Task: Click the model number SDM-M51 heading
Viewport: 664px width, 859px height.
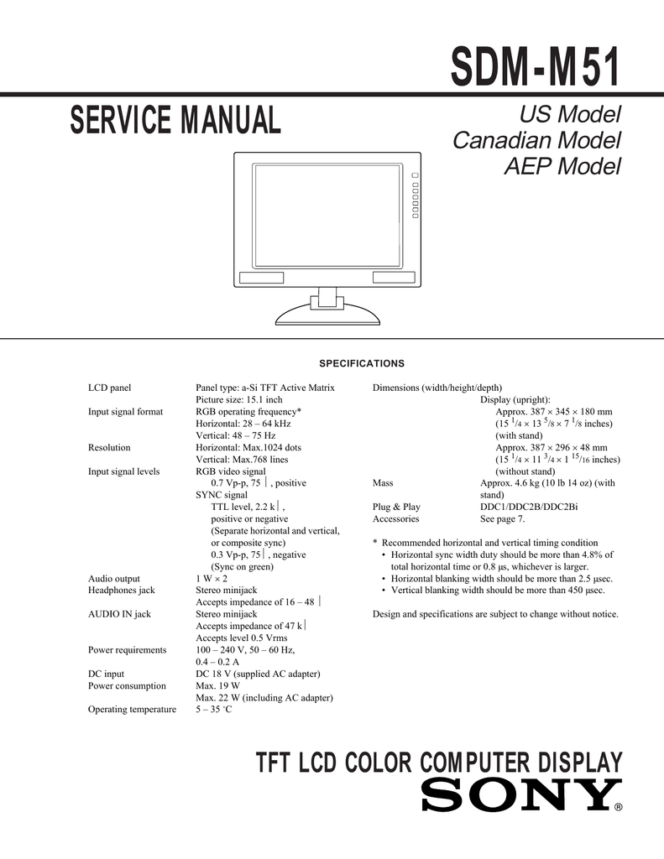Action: click(536, 66)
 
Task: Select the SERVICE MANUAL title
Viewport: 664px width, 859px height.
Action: click(175, 121)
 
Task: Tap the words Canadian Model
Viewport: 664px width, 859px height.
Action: click(536, 139)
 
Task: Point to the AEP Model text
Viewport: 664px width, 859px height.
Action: click(562, 166)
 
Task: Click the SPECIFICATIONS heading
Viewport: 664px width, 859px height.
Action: click(362, 363)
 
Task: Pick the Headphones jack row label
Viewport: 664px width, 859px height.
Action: click(122, 591)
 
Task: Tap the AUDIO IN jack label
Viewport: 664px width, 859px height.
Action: click(119, 614)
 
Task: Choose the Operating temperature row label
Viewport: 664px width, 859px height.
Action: click(132, 710)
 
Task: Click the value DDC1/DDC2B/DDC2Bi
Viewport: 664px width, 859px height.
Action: click(528, 507)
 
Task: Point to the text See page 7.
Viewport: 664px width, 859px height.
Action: click(502, 518)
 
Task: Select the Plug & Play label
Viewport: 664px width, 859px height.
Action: click(396, 507)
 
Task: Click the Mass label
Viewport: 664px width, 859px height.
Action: click(383, 483)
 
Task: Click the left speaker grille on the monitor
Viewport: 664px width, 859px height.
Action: click(261, 278)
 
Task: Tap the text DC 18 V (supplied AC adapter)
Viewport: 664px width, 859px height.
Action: click(259, 674)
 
